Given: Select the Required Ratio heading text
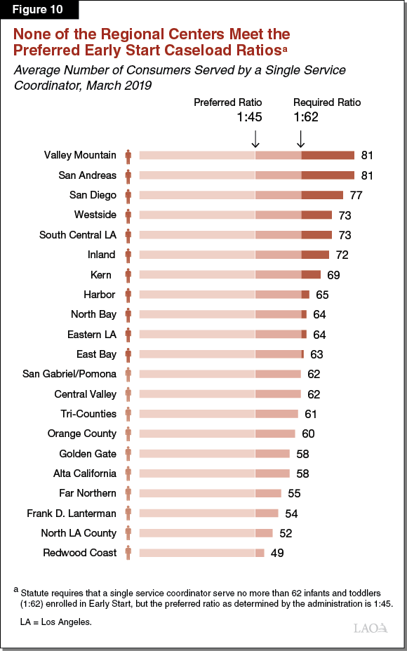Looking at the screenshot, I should (x=327, y=102).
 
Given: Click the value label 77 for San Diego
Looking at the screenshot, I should (x=356, y=195).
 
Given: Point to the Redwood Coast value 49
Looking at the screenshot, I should (x=276, y=553).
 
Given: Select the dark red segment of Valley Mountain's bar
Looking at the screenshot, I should (x=328, y=155).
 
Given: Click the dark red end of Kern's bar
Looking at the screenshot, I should (x=311, y=274).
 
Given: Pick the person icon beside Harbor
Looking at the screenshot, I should (x=128, y=295).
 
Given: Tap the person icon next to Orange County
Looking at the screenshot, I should (x=128, y=434).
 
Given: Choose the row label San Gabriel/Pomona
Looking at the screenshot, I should (x=69, y=374).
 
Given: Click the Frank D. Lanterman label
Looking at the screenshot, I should (x=72, y=513).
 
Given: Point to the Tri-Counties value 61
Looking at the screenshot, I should (x=312, y=414).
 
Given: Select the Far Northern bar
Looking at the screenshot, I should (x=210, y=493).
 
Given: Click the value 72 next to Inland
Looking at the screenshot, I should (x=342, y=255).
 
